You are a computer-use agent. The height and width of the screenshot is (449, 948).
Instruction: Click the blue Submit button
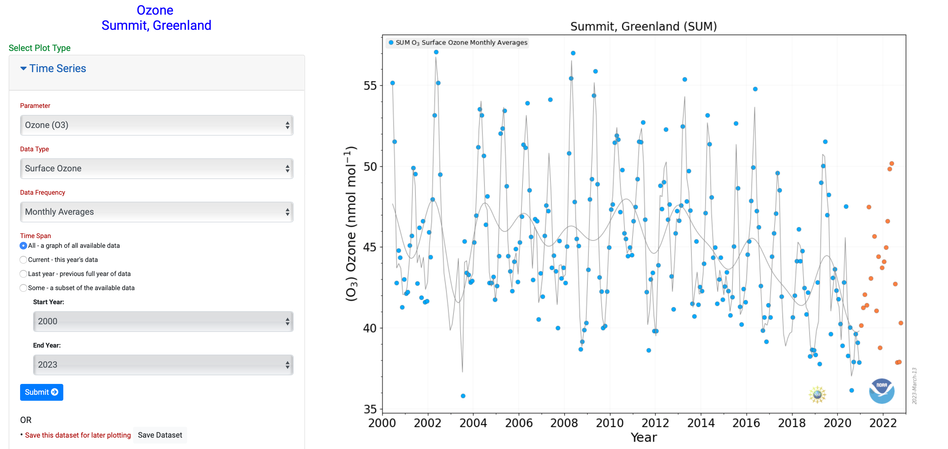pos(42,392)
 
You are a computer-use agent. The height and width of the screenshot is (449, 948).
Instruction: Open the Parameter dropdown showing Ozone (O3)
pos(156,125)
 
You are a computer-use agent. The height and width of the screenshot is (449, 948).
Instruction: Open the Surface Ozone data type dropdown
pos(156,168)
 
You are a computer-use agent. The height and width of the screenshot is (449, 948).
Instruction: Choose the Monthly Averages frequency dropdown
pos(156,212)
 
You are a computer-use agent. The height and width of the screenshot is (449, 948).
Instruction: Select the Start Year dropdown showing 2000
pos(163,321)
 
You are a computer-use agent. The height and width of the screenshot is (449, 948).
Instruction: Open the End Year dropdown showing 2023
pos(163,364)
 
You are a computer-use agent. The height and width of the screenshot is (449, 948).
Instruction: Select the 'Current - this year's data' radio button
pos(23,260)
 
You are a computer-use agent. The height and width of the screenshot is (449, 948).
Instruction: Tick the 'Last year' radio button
pos(23,274)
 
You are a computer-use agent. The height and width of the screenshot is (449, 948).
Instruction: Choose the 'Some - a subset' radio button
pos(23,288)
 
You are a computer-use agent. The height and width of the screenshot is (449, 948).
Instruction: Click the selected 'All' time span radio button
pos(23,245)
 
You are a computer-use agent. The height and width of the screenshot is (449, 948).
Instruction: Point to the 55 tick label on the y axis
pos(370,86)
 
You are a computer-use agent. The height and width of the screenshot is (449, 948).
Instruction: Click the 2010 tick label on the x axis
pos(610,423)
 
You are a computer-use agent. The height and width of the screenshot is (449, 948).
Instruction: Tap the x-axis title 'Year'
pos(644,437)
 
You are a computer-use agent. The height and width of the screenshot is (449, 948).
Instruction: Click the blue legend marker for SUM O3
pos(391,43)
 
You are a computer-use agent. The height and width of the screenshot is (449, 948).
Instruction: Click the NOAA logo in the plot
pos(881,391)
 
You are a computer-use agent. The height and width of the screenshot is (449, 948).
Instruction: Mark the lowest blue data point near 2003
pos(463,396)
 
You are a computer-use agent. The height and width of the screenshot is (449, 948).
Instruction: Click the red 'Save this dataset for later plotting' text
pos(78,435)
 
